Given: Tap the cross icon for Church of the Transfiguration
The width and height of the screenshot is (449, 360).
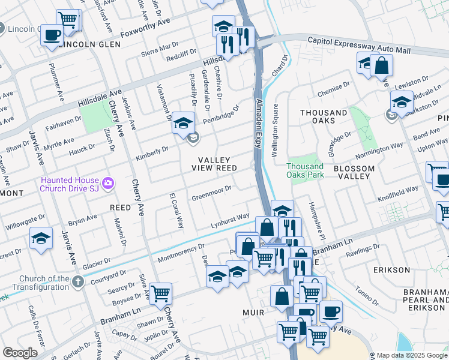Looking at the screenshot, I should [x=77, y=281].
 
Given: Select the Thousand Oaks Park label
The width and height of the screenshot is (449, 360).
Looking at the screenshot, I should [x=305, y=170].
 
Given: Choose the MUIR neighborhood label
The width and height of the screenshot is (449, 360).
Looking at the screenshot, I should [x=254, y=313].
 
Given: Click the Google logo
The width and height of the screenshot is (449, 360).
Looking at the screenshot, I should [x=20, y=353].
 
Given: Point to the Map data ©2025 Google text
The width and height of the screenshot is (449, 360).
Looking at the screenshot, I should [x=411, y=355].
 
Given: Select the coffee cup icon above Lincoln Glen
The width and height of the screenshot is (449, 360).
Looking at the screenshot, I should [x=52, y=34].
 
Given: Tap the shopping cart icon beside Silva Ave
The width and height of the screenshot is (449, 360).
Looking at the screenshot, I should [x=160, y=294].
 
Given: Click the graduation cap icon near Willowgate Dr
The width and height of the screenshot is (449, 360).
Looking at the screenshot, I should [x=41, y=239].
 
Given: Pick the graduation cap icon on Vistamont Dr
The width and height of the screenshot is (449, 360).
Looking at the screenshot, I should [x=183, y=123].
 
